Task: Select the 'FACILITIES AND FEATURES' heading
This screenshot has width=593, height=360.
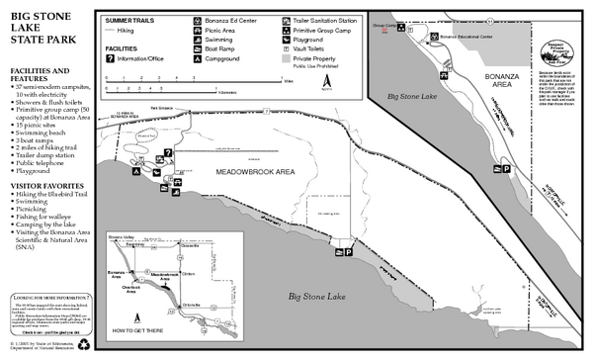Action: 40,76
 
